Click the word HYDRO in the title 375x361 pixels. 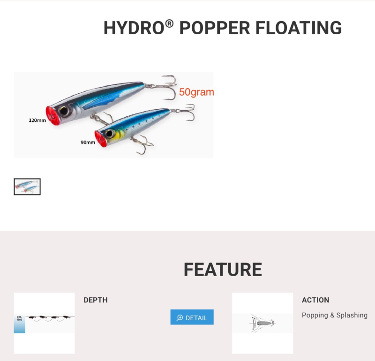click(134, 28)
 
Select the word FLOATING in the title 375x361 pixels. click(299, 28)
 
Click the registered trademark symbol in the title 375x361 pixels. click(169, 23)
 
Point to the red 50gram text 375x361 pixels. click(196, 92)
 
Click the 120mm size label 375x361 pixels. click(37, 120)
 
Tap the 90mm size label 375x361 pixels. click(88, 143)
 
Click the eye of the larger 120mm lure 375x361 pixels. click(64, 111)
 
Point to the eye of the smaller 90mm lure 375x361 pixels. click(110, 134)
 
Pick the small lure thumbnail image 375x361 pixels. click(27, 187)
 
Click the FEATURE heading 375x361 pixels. click(223, 270)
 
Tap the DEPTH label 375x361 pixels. click(96, 300)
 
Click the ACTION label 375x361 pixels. click(315, 300)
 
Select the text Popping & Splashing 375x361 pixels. click(335, 316)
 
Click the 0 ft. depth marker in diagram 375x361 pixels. click(19, 318)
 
